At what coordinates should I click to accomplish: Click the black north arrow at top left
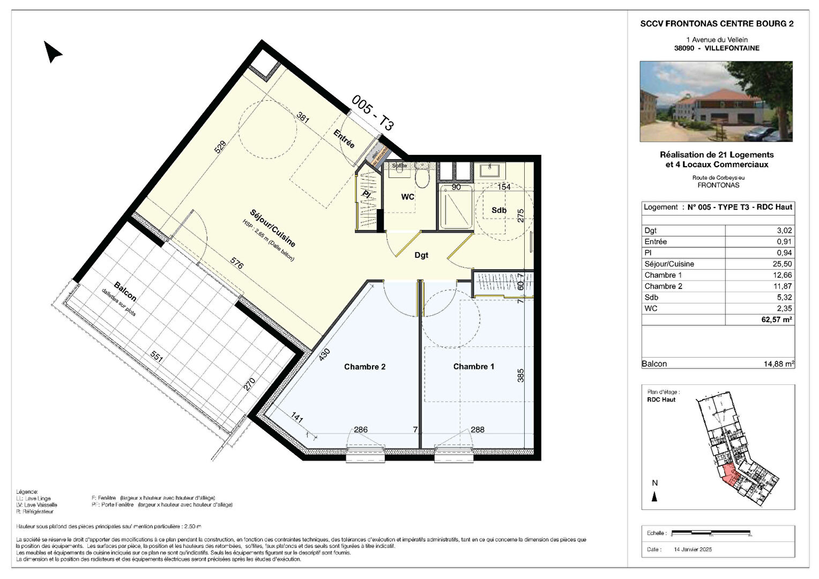(x=53, y=52)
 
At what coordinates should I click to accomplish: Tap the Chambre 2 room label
(x=364, y=367)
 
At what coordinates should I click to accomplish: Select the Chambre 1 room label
(x=473, y=367)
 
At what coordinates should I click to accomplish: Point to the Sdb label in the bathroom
(x=499, y=210)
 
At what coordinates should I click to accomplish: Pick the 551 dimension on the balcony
(x=157, y=357)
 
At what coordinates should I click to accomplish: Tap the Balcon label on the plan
(x=125, y=291)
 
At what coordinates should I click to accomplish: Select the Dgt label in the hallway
(x=421, y=255)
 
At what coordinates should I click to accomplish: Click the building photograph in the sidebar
(x=716, y=101)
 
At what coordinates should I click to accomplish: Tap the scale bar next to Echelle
(x=712, y=533)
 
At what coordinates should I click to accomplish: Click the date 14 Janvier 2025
(x=693, y=550)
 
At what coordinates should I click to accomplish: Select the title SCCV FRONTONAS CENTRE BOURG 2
(x=717, y=24)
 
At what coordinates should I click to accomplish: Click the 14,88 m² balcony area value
(x=779, y=363)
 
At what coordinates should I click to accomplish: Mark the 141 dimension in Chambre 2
(x=297, y=417)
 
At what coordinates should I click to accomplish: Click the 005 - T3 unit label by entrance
(x=373, y=113)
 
